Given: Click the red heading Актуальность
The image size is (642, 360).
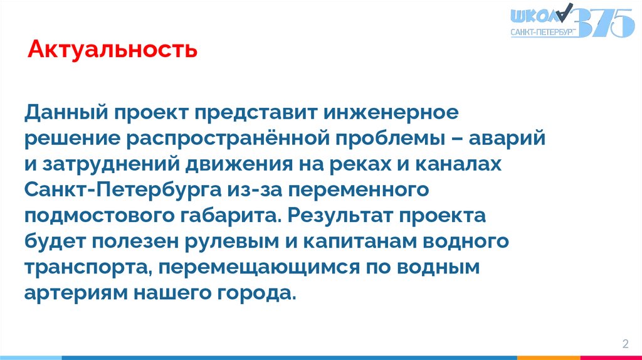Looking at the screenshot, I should point(113,49).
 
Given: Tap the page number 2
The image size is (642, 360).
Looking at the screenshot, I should point(625,344).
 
